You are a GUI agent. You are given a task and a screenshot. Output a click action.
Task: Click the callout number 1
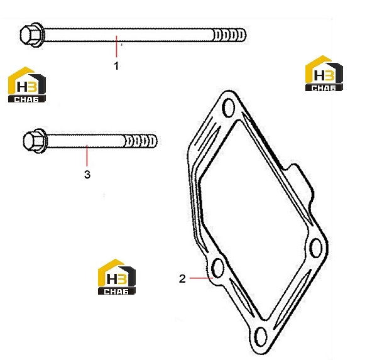click(116, 66)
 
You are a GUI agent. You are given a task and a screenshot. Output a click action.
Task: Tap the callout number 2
click(182, 278)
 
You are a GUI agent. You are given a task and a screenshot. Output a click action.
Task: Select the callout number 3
click(87, 175)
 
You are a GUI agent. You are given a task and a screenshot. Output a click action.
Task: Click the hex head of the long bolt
click(31, 35)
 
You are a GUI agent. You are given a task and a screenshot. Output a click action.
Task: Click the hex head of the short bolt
click(35, 141)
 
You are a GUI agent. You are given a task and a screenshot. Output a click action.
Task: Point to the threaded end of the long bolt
click(229, 35)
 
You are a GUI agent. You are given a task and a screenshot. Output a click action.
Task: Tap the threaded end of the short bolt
click(141, 141)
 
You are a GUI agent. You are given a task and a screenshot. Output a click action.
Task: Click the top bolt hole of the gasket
click(229, 107)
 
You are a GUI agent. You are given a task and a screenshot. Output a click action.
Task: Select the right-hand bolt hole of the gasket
click(315, 248)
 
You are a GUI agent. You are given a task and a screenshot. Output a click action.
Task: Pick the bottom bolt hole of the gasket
click(260, 336)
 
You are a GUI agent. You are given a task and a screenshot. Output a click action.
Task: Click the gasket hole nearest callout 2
click(218, 268)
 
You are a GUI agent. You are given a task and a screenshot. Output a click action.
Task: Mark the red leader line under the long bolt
click(117, 46)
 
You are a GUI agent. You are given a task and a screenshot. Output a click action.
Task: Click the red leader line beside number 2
click(202, 278)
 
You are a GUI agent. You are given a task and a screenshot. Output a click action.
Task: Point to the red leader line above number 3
click(87, 156)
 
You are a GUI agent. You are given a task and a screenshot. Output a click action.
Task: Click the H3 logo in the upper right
click(324, 73)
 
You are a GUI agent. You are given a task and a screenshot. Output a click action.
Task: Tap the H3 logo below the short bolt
click(117, 277)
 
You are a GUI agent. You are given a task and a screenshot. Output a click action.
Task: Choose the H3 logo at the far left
click(26, 84)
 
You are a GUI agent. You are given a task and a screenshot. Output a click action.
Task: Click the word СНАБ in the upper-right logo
click(324, 88)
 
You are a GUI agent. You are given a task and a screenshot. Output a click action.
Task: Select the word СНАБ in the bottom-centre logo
click(116, 292)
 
